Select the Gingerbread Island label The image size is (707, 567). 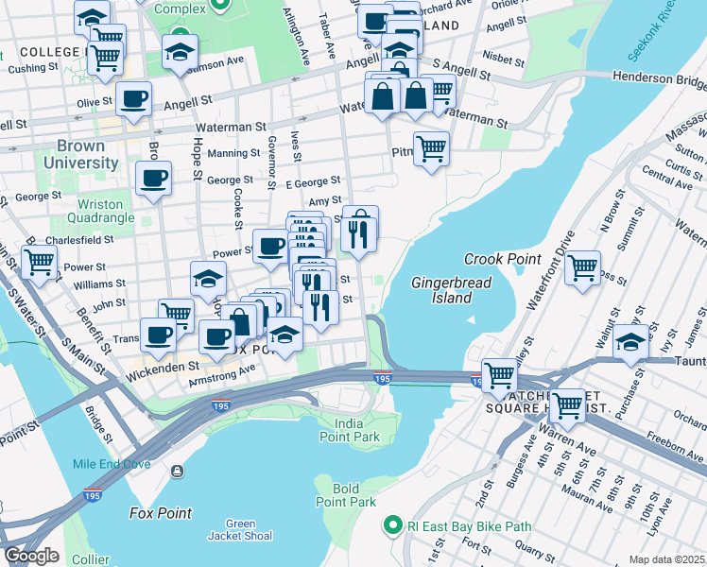440,290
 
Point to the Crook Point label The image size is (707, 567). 502,259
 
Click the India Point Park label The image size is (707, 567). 351,430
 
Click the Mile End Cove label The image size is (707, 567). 111,464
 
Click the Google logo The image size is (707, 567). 30,555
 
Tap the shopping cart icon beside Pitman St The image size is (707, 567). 431,148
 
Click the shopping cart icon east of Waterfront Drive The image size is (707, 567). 583,266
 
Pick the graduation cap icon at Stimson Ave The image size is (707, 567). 179,52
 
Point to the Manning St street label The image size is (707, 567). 234,153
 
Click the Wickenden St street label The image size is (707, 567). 162,364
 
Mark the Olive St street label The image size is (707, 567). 95,102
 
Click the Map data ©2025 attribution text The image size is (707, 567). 666,559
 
